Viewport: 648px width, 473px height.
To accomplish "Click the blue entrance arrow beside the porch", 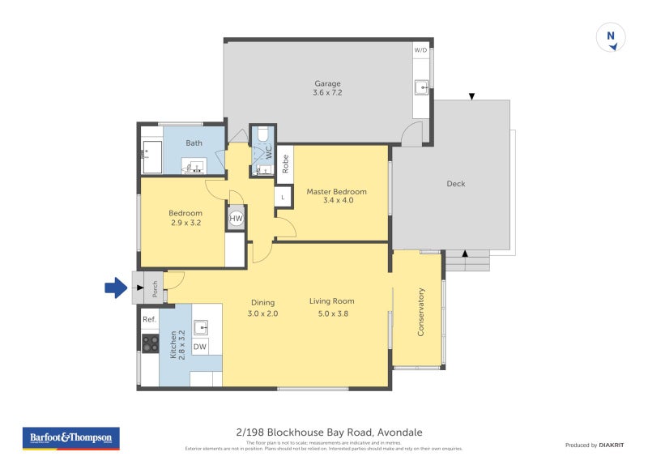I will (117, 286).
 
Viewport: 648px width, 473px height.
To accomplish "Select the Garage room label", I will (327, 83).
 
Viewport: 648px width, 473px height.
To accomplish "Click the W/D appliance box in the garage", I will (421, 50).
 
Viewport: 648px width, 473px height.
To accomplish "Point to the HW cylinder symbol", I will (237, 219).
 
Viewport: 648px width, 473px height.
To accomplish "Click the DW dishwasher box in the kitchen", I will (200, 347).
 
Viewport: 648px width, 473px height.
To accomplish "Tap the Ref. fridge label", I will (149, 320).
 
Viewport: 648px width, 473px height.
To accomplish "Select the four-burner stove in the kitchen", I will (150, 343).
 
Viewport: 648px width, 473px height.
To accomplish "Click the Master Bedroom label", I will (336, 192).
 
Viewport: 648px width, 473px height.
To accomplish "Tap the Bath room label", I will (194, 143).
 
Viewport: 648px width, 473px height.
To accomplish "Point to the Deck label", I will (456, 184).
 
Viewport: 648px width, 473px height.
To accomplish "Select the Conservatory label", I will (421, 312).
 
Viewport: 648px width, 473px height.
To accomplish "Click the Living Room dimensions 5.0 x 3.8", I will (332, 313).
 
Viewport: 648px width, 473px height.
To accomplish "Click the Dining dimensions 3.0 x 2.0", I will (262, 313).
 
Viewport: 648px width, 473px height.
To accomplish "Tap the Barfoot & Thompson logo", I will (72, 438).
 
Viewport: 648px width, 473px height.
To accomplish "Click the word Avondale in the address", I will (399, 433).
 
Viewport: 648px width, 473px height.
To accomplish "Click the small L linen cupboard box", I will (283, 197).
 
